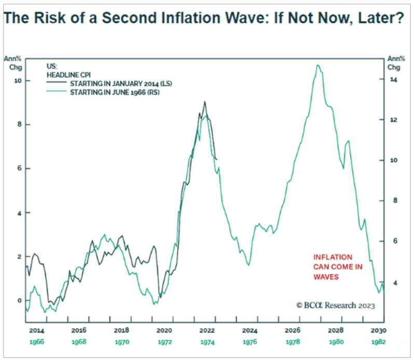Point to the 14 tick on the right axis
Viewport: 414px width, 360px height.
(394, 79)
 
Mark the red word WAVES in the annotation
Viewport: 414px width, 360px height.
(326, 277)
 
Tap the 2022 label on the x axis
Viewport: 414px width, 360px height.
(207, 330)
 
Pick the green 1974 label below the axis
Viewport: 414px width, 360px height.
(207, 342)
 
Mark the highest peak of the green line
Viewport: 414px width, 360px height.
(318, 65)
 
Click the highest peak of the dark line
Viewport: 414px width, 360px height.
(204, 102)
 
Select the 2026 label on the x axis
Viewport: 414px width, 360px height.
(293, 330)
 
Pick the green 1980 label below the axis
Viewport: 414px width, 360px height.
(336, 342)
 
